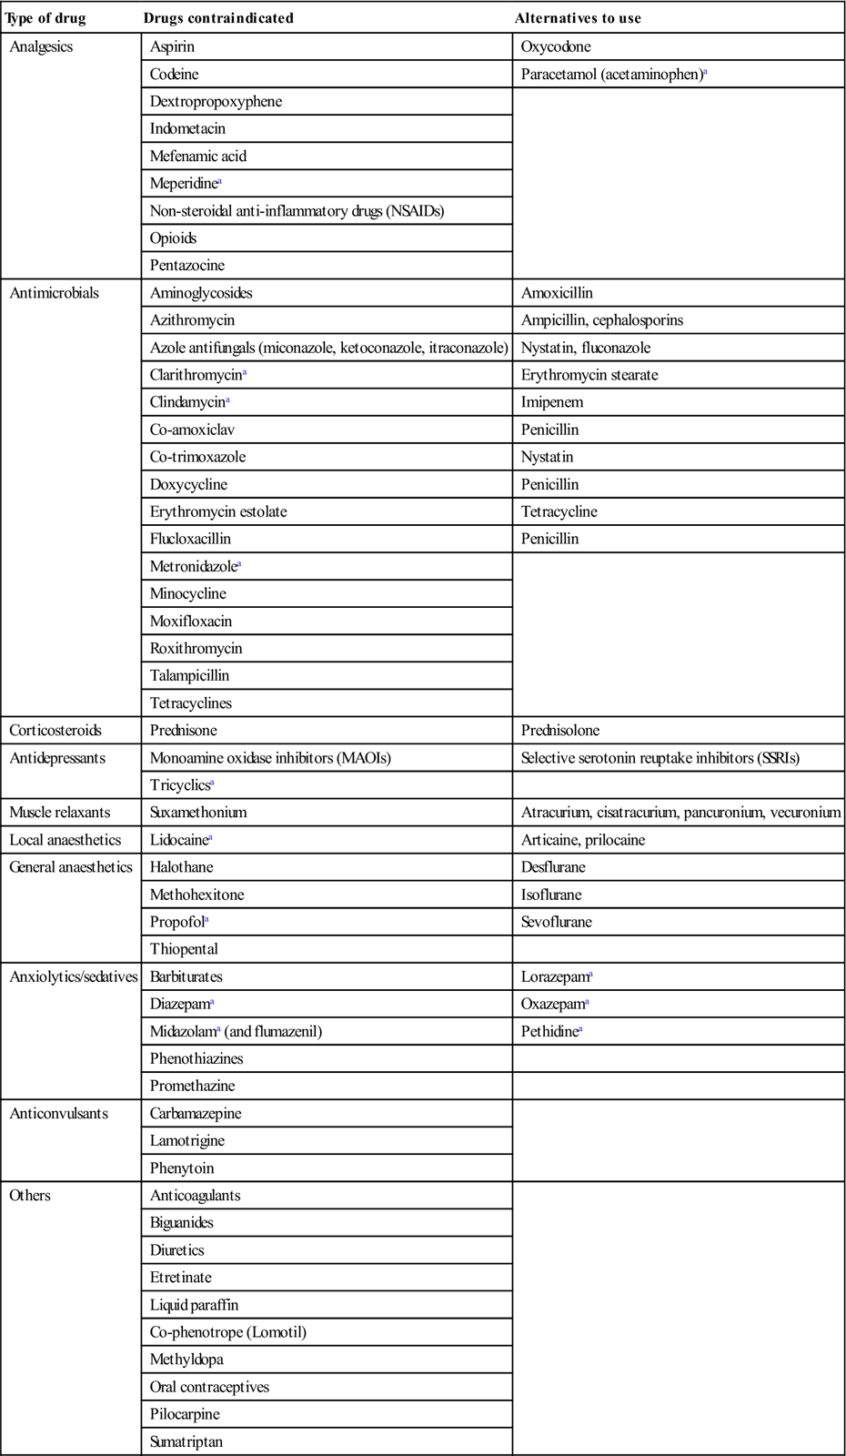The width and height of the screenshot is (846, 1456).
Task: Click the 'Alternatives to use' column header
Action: (x=578, y=18)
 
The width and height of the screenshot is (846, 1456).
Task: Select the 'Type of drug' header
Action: (x=45, y=18)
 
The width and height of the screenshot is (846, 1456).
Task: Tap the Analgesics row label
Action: (x=41, y=46)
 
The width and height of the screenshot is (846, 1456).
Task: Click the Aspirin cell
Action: (x=173, y=46)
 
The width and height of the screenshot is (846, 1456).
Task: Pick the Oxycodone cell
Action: (x=556, y=46)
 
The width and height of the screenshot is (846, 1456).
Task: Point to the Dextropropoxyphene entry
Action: (x=216, y=101)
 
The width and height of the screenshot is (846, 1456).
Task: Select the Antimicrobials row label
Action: (x=54, y=293)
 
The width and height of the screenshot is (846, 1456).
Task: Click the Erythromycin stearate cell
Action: (x=589, y=375)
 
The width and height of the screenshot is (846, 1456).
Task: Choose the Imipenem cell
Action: (x=552, y=402)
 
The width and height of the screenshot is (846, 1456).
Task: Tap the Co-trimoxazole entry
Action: (x=197, y=457)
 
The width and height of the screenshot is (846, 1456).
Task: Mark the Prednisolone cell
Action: (x=560, y=731)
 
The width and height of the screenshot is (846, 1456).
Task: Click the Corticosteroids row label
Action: (x=55, y=731)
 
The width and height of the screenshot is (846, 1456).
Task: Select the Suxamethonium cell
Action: (x=198, y=813)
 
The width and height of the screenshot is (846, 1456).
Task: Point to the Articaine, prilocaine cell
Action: (x=583, y=840)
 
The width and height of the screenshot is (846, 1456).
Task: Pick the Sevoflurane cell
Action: (x=557, y=922)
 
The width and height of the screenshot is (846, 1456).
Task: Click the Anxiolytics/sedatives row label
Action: (x=73, y=976)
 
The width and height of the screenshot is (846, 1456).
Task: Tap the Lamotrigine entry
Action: (x=187, y=1141)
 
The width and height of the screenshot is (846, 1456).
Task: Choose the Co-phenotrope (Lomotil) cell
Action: (x=228, y=1332)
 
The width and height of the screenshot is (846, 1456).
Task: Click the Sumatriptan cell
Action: (x=186, y=1441)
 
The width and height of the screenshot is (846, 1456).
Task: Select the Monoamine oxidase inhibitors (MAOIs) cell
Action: (x=270, y=758)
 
